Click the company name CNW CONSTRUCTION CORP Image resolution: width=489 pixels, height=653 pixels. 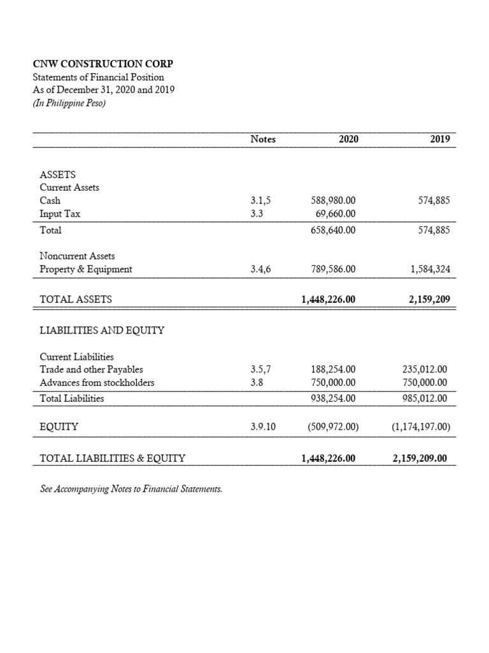(103, 64)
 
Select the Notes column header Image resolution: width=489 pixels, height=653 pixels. (263, 139)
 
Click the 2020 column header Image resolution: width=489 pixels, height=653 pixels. (348, 139)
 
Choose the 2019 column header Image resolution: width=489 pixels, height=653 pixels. (440, 139)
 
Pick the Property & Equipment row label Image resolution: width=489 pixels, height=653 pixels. (86, 269)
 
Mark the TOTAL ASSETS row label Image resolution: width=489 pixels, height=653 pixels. (76, 298)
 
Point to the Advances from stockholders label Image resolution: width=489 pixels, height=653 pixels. (97, 383)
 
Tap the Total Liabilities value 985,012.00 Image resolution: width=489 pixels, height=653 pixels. (425, 399)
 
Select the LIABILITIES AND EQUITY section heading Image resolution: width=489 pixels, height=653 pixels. (102, 330)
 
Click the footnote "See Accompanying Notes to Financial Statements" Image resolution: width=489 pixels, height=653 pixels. (131, 489)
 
